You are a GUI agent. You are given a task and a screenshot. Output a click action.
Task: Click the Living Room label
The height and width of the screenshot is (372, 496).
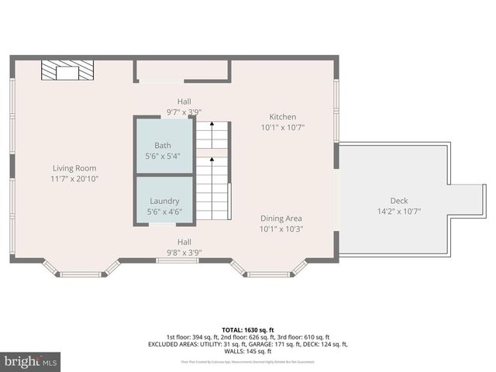pyautogui.click(x=75, y=168)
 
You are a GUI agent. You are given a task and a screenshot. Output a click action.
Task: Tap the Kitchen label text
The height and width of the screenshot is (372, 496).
pyautogui.click(x=282, y=117)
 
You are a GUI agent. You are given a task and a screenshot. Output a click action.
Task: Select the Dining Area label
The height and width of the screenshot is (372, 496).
pyautogui.click(x=281, y=219)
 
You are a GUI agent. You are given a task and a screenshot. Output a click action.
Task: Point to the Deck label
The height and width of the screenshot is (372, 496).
pyautogui.click(x=398, y=201)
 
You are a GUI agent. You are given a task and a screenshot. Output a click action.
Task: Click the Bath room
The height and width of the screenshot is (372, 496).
pyautogui.click(x=163, y=150)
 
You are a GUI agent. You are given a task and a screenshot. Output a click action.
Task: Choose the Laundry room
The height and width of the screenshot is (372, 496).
pyautogui.click(x=164, y=205)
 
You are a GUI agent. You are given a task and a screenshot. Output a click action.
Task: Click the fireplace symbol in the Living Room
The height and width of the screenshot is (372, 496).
pyautogui.click(x=67, y=72)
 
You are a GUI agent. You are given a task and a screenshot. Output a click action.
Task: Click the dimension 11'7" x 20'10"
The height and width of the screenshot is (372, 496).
pyautogui.click(x=75, y=179)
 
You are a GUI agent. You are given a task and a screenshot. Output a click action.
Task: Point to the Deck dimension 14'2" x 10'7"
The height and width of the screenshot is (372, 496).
pyautogui.click(x=398, y=211)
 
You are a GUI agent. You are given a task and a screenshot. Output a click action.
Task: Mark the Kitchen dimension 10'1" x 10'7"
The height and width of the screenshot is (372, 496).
pyautogui.click(x=282, y=128)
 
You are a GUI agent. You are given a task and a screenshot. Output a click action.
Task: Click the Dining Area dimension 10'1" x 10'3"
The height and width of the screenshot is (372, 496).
pyautogui.click(x=281, y=229)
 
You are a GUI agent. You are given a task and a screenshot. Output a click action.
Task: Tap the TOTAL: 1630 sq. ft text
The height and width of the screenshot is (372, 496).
pyautogui.click(x=248, y=329)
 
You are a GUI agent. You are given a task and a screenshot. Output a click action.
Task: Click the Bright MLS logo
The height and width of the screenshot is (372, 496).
pyautogui.click(x=31, y=361)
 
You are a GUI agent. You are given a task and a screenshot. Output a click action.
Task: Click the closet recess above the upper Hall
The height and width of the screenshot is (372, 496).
pyautogui.click(x=183, y=71)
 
